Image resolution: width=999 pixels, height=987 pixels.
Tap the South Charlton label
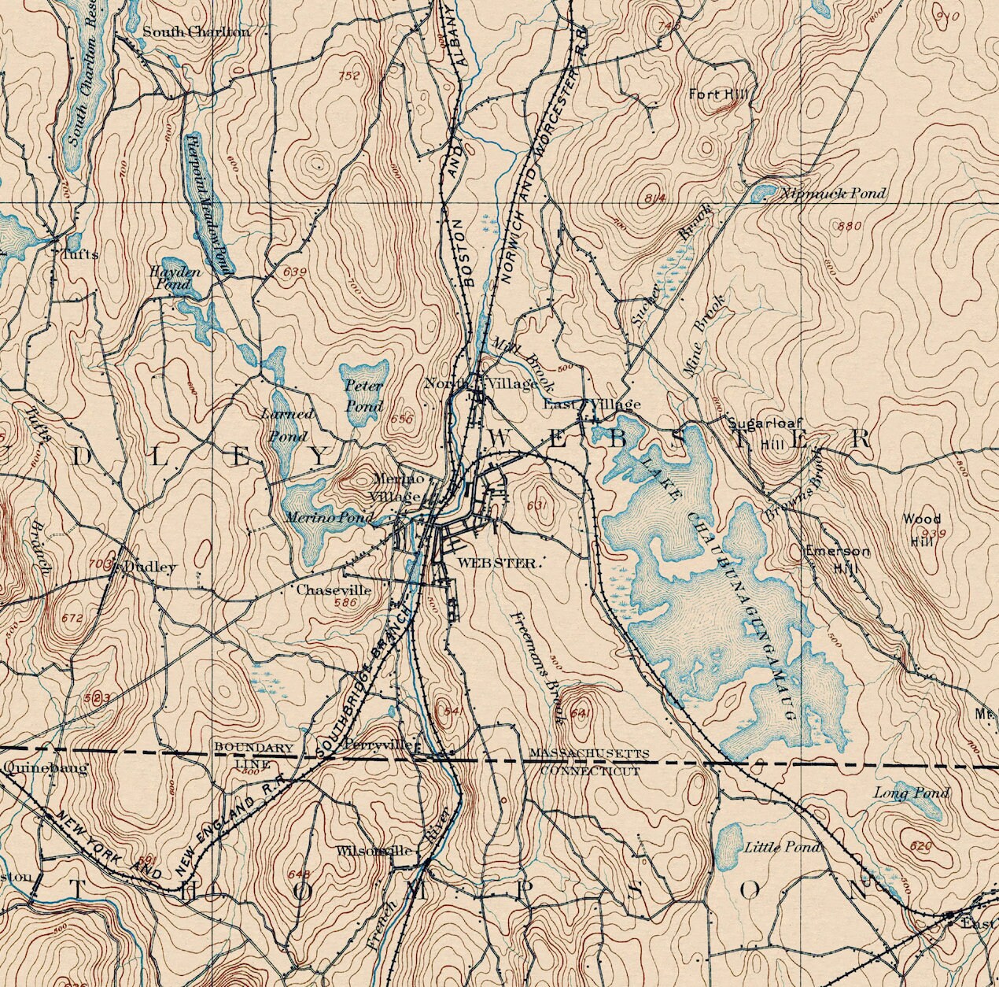click(x=196, y=32)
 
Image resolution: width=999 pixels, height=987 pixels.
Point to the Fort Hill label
click(x=718, y=94)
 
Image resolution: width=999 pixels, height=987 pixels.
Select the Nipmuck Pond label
click(x=835, y=194)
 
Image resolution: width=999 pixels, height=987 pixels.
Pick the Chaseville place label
click(x=334, y=590)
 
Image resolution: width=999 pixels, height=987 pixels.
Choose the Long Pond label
click(x=912, y=793)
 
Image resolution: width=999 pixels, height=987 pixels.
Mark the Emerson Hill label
click(x=837, y=559)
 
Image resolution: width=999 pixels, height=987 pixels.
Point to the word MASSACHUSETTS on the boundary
click(x=589, y=753)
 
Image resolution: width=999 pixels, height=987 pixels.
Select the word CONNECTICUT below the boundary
click(x=589, y=771)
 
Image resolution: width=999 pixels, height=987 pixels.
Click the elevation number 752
click(x=349, y=76)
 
